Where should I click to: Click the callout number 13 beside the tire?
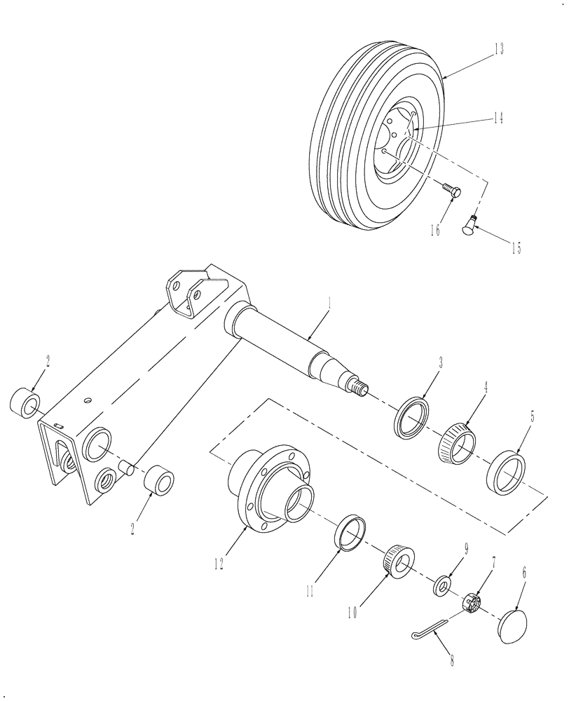coord(498,49)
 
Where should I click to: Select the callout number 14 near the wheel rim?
coord(498,119)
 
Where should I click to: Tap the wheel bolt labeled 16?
coord(450,190)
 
